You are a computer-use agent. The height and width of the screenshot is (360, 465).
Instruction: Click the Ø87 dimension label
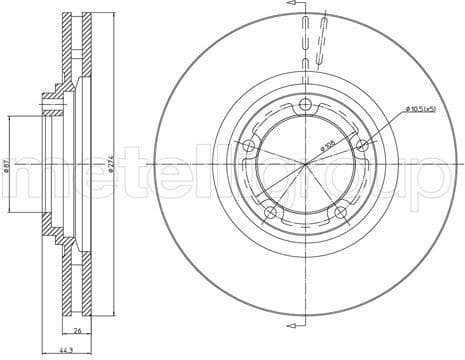click(7, 166)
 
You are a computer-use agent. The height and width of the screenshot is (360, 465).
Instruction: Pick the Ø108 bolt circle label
click(327, 146)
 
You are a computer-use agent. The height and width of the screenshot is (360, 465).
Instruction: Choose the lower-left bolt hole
click(270, 211)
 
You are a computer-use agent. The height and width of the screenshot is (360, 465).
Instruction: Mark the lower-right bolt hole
click(341, 211)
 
